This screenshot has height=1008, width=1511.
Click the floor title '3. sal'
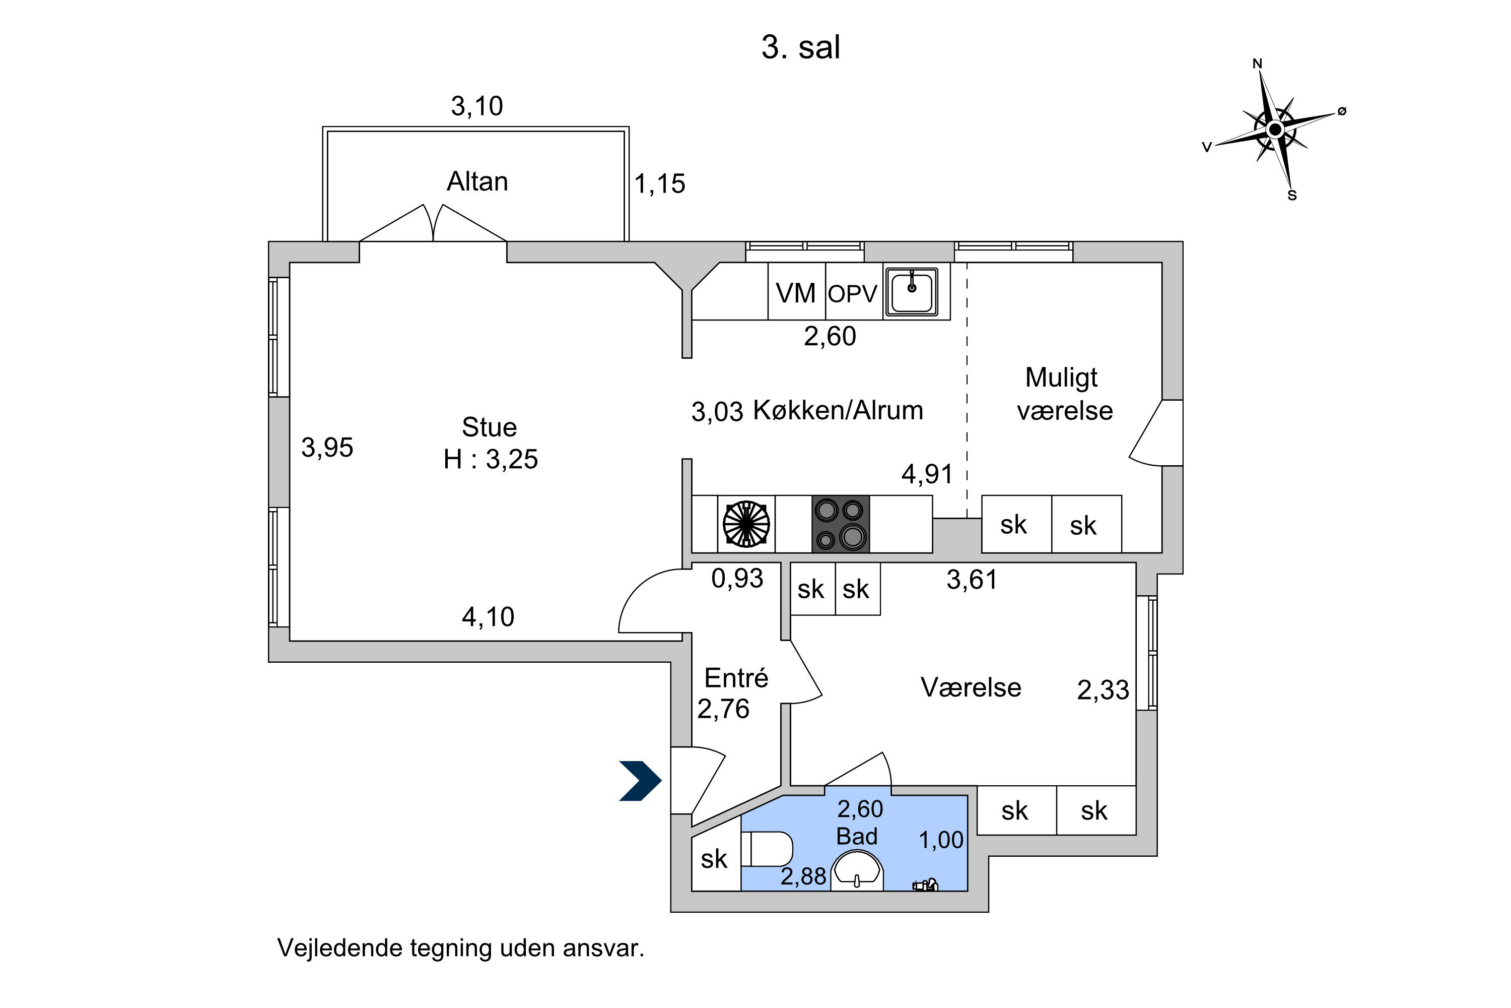coord(800,47)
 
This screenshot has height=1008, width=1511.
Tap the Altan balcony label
coord(477,181)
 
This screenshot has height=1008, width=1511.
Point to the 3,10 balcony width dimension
coord(476,106)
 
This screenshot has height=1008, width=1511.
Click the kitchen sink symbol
coord(912,291)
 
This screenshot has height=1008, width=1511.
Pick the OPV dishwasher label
coord(853,294)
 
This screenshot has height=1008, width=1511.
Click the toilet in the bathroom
coord(767,849)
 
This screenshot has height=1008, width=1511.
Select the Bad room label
coord(857,836)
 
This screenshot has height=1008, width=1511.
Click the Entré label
coord(736,677)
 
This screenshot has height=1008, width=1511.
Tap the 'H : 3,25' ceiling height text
coord(491,459)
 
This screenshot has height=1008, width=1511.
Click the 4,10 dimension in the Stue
coord(488,617)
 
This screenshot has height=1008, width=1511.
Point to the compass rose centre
coord(1275,129)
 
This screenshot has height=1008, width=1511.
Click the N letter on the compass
coord(1257,64)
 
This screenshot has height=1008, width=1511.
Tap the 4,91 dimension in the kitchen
coord(927,474)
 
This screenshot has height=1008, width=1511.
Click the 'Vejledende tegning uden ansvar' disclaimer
coord(461,948)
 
